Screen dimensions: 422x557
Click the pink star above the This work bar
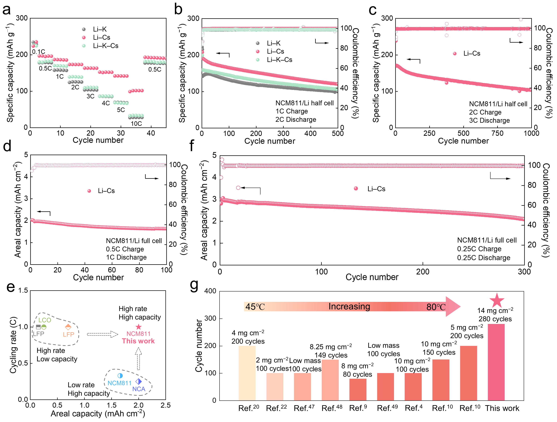pyautogui.click(x=496, y=300)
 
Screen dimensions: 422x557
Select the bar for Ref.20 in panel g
pyautogui.click(x=247, y=373)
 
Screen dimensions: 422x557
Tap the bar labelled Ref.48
pyautogui.click(x=330, y=380)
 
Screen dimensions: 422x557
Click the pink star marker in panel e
pyautogui.click(x=139, y=327)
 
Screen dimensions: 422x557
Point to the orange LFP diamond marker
pyautogui.click(x=68, y=327)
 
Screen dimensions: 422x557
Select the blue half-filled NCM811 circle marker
pyautogui.click(x=120, y=376)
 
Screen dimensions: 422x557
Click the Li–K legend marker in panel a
pyautogui.click(x=84, y=29)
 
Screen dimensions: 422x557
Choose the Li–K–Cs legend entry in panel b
pyautogui.click(x=279, y=60)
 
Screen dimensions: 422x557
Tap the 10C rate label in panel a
pyautogui.click(x=136, y=123)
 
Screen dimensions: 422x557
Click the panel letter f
pyautogui.click(x=192, y=145)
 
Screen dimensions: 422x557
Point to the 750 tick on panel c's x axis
pyautogui.click(x=497, y=133)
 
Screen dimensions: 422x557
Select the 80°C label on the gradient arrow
pyautogui.click(x=436, y=307)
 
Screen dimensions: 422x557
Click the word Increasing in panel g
pyautogui.click(x=349, y=306)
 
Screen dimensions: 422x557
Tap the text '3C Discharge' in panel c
pyautogui.click(x=489, y=120)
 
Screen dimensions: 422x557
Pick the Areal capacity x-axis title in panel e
pyautogui.click(x=98, y=413)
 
